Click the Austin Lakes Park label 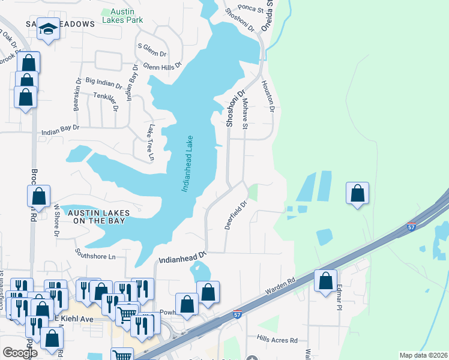coord(122,15)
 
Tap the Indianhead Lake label coord(187,164)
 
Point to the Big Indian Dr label coord(104,80)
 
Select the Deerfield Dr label coord(236,215)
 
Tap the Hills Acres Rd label coord(277,340)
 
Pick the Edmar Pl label coord(339,296)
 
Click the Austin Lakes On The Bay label coord(96,217)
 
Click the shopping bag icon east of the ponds coord(357,193)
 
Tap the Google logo coord(20,353)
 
